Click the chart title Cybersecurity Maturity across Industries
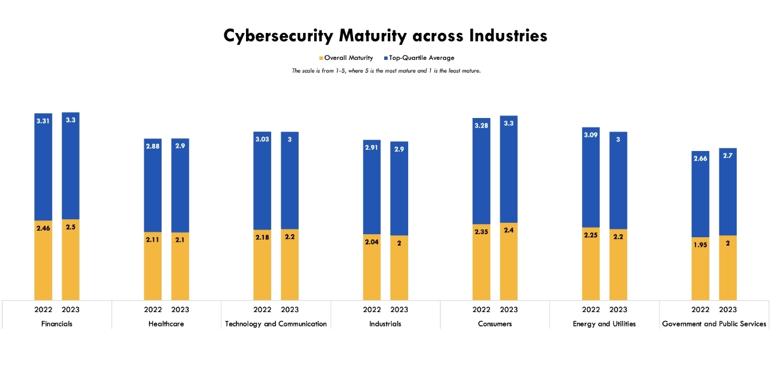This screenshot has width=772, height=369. click(x=385, y=36)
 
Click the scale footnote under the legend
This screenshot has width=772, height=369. click(x=386, y=71)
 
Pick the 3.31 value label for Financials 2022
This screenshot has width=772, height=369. click(x=43, y=121)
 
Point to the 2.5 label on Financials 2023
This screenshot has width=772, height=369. click(x=71, y=228)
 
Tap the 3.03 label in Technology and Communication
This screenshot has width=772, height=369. click(x=262, y=140)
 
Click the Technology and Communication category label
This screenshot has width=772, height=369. click(x=276, y=324)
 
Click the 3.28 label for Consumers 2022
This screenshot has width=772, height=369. click(x=481, y=126)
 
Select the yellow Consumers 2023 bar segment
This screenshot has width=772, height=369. click(x=509, y=264)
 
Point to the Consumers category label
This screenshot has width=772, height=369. click(x=495, y=324)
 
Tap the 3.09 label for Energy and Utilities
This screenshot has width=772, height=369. click(x=591, y=135)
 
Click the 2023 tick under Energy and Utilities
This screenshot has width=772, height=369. click(x=618, y=310)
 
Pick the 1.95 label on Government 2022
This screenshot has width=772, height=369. click(x=700, y=245)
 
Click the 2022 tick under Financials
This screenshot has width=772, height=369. click(x=43, y=310)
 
